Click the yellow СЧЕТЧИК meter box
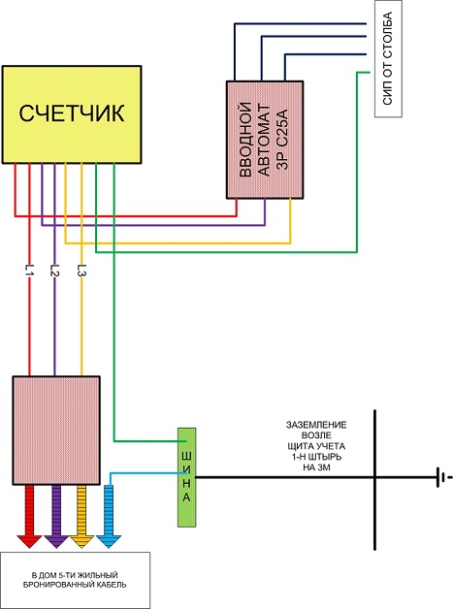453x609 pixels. click(72, 114)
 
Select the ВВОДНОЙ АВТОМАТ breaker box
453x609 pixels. click(265, 140)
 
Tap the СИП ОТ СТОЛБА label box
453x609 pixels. click(388, 58)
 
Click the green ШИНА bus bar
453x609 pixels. click(186, 477)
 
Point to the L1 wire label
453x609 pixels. click(30, 270)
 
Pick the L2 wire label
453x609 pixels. click(54, 270)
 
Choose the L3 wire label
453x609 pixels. click(81, 270)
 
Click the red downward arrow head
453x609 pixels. click(29, 541)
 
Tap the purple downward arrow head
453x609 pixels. click(56, 541)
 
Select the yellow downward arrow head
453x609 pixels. click(81, 541)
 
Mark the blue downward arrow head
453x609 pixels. click(109, 541)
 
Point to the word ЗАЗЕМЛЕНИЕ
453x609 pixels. click(316, 425)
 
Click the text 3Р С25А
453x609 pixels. click(283, 140)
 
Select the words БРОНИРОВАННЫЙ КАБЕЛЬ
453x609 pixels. click(74, 585)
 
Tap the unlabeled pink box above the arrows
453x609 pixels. click(56, 431)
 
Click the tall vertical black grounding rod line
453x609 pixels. click(374, 480)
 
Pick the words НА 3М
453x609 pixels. click(316, 467)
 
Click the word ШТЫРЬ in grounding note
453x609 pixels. click(325, 457)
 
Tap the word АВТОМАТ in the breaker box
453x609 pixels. click(264, 140)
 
